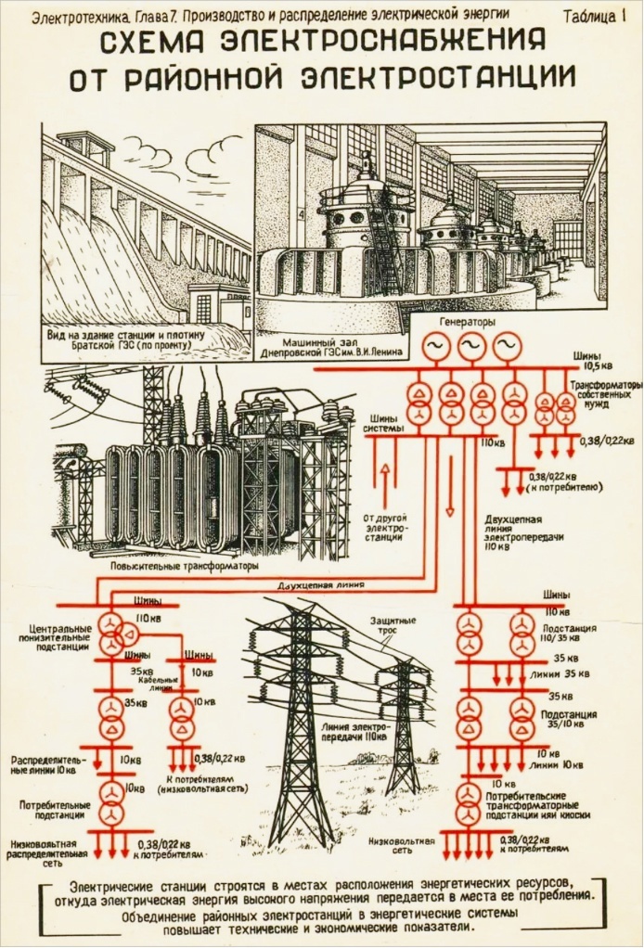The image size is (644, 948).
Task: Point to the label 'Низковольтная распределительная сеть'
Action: (47, 851)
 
